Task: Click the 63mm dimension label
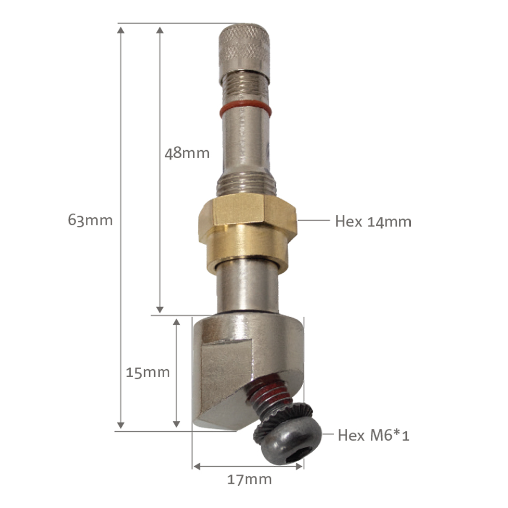click(90, 220)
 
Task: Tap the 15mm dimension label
click(147, 373)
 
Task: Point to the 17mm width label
click(249, 480)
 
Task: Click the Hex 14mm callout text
click(373, 221)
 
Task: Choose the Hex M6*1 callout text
click(373, 436)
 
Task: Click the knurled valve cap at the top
click(243, 46)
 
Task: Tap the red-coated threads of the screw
click(265, 395)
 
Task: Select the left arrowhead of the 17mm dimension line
click(196, 466)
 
